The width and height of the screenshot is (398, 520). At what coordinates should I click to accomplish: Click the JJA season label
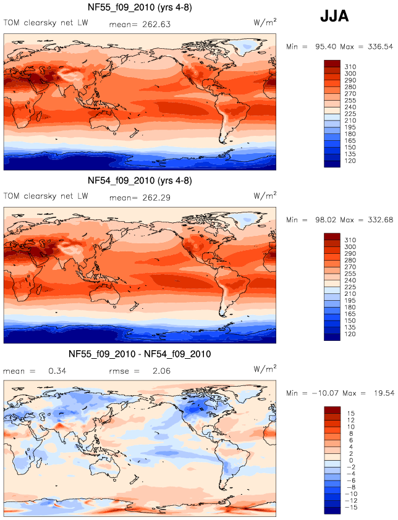334,17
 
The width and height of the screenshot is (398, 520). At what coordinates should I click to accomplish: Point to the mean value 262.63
153,25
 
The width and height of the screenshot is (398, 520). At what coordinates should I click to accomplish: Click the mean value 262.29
153,198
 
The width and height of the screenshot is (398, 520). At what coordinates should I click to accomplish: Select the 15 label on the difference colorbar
349,411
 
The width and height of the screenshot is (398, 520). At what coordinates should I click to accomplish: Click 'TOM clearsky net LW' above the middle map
46,197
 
